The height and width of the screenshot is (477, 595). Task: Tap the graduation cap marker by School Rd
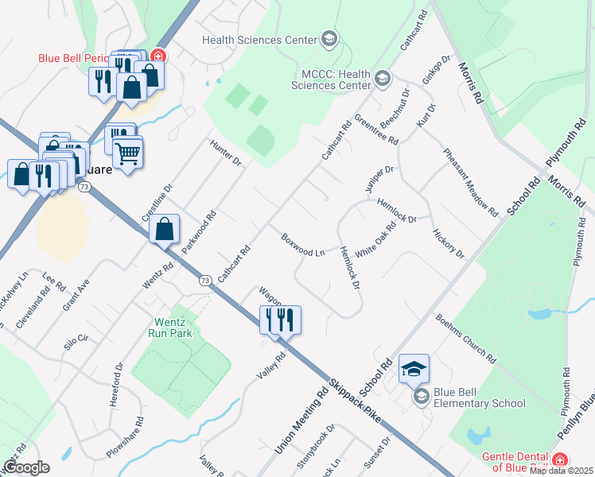point(414,369)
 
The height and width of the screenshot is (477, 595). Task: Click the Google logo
point(25,467)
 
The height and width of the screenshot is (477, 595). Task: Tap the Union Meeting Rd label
point(302,417)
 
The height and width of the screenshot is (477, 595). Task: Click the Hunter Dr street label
point(225,152)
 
